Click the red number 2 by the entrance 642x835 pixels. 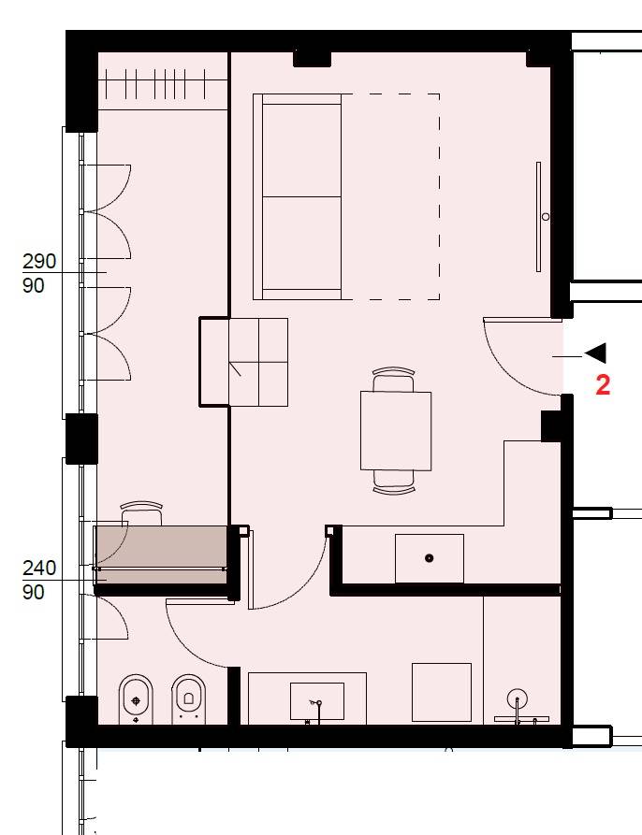[x=603, y=385]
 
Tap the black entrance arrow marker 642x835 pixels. [x=595, y=353]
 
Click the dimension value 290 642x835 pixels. [x=39, y=262]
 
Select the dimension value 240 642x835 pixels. [x=39, y=569]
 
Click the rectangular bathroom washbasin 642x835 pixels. [x=317, y=700]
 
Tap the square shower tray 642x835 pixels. [x=442, y=692]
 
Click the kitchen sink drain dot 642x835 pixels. [x=430, y=558]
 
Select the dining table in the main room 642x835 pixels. [x=396, y=431]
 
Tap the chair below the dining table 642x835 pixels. [x=394, y=482]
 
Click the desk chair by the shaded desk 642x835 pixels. [x=141, y=513]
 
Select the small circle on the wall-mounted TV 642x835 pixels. [x=546, y=217]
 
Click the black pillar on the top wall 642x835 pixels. [x=313, y=58]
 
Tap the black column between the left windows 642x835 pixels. [x=81, y=439]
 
